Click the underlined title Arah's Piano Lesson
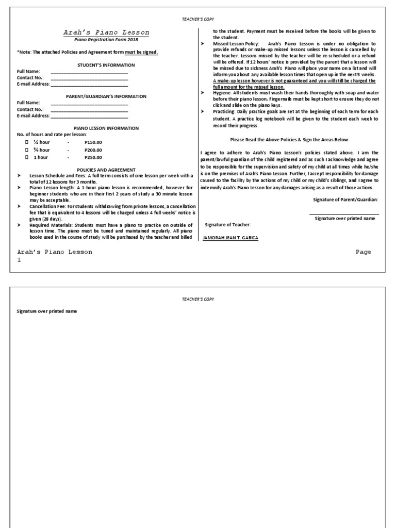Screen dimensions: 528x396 click(106, 32)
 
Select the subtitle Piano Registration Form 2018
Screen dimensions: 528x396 click(106, 39)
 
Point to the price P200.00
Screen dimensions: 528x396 click(93, 150)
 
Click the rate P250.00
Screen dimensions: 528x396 click(93, 157)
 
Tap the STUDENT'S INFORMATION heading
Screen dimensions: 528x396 click(106, 65)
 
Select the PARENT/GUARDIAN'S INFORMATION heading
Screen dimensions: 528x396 click(106, 96)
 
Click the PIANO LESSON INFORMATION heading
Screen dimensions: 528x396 click(106, 128)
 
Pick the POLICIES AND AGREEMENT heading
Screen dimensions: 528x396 click(106, 170)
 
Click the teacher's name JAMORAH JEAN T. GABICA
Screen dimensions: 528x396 click(230, 238)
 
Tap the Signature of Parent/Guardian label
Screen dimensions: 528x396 click(345, 199)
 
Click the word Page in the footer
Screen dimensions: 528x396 click(363, 252)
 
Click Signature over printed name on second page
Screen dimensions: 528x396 click(47, 312)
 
